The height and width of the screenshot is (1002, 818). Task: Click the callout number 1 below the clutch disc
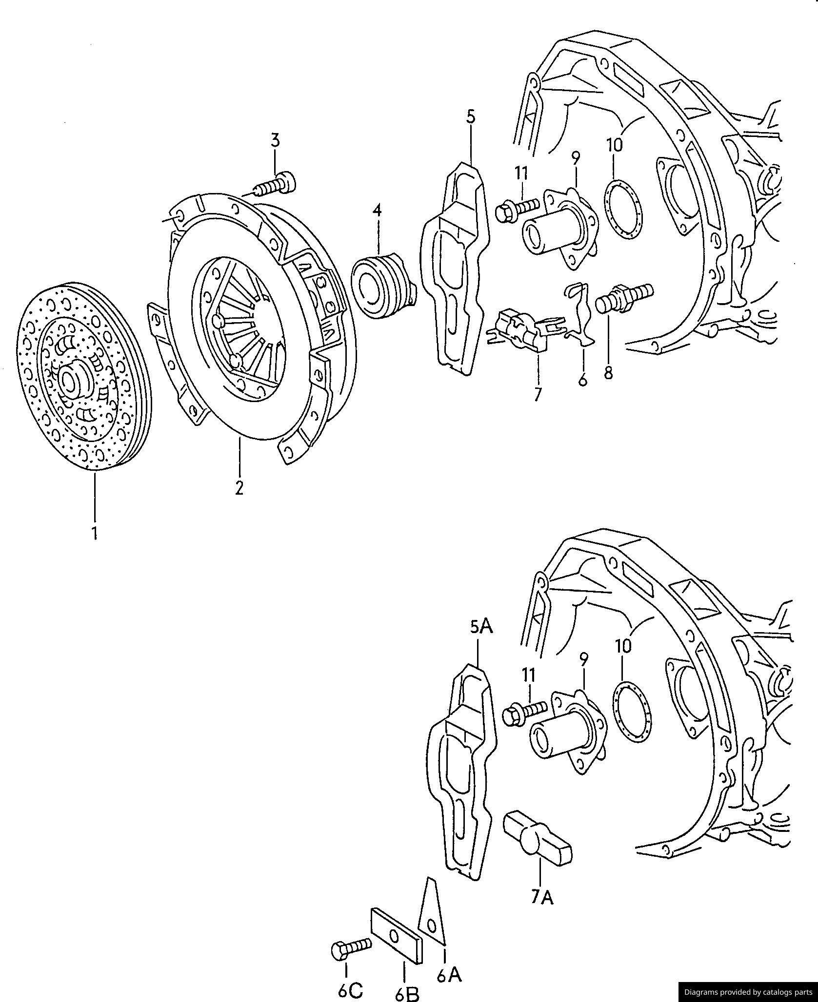[x=94, y=532]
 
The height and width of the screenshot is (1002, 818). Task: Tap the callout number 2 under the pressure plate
[x=239, y=487]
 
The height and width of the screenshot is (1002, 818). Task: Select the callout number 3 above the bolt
[x=276, y=140]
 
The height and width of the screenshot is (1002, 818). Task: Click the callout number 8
[x=608, y=372]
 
